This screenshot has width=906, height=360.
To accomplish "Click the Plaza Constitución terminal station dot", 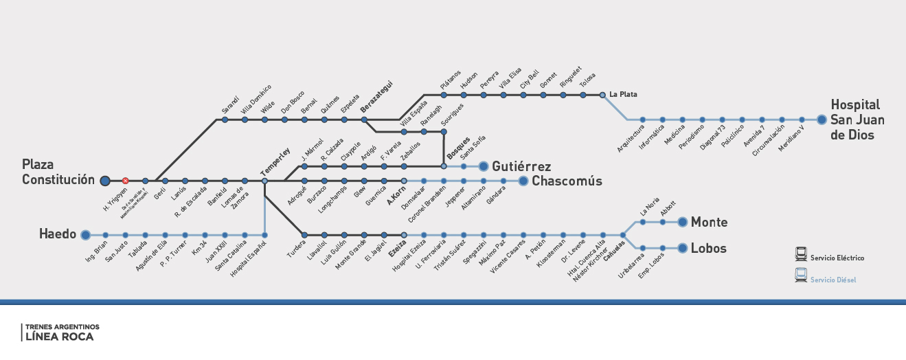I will (104, 181).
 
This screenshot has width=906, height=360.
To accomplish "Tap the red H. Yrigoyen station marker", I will (125, 181).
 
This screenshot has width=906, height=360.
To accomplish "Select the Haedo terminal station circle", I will (85, 235).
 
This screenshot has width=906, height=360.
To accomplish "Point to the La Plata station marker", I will (602, 95).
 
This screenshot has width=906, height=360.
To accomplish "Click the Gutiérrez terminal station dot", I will (483, 166).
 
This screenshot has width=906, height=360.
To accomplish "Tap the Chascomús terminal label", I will (567, 181).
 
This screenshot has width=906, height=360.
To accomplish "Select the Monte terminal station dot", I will (682, 222).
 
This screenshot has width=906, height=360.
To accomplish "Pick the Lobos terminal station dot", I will (682, 248).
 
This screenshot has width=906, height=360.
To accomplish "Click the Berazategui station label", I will (376, 100).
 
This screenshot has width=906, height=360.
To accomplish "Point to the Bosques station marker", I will (444, 166).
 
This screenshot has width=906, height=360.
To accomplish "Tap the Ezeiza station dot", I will (404, 235).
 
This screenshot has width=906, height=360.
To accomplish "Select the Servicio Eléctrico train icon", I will (800, 254).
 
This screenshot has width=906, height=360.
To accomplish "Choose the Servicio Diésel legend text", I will (833, 280).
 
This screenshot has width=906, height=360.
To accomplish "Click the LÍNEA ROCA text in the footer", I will (59, 337).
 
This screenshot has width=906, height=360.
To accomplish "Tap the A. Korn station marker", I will (404, 181).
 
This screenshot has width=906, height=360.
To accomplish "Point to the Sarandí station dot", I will (224, 120).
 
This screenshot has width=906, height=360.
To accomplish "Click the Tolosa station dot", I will (582, 95).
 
